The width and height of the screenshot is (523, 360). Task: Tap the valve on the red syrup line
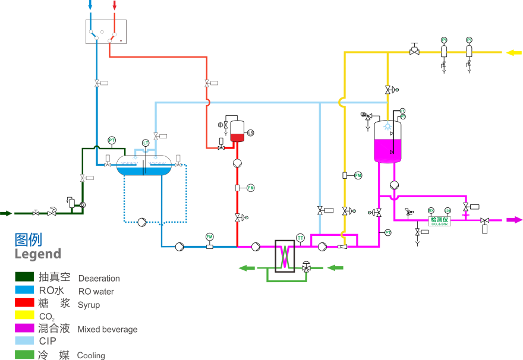pos(207,83)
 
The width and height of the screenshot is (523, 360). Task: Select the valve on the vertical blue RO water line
pos(97,83)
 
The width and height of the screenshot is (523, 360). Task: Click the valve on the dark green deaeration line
pos(83,178)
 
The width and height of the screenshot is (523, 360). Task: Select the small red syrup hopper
pos(237,138)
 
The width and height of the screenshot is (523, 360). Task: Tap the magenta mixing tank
pos(387,150)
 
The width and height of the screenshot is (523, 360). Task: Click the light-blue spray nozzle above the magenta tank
pos(387,126)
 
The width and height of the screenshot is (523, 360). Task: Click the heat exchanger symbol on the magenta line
pos(285,256)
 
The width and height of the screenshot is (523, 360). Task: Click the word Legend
pos(38,254)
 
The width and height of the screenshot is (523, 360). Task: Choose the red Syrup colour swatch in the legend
pos(24,302)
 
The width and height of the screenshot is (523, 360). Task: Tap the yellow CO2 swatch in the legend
pos(24,315)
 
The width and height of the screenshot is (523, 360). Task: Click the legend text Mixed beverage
pos(108,330)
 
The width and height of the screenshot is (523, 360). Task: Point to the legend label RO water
pos(96,292)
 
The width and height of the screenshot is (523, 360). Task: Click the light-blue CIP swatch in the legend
pos(24,341)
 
